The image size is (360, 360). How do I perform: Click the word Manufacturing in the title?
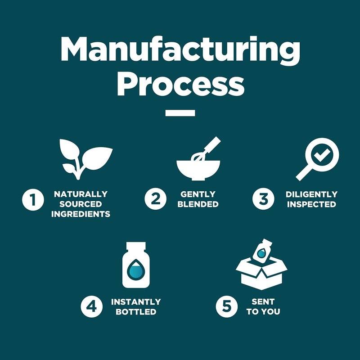(x=180, y=50)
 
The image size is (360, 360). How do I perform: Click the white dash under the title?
(x=180, y=113)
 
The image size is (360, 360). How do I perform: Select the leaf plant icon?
(x=86, y=159)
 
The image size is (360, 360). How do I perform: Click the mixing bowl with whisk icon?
(x=198, y=159)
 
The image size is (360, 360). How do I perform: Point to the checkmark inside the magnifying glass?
(x=322, y=155)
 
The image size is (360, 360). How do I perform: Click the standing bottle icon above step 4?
(x=136, y=265)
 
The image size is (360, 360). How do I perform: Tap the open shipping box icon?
(x=261, y=265)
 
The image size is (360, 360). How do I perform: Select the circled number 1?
(x=33, y=199)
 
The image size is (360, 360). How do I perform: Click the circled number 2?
(x=155, y=199)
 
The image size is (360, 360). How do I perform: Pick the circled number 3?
(x=263, y=199)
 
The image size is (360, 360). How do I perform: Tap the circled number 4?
(x=92, y=306)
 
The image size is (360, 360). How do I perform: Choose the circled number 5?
(x=227, y=306)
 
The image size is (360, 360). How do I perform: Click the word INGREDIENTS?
(x=81, y=214)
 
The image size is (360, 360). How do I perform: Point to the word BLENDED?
(x=198, y=204)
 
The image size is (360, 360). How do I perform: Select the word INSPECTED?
(x=311, y=204)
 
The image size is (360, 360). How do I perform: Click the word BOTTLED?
(x=136, y=311)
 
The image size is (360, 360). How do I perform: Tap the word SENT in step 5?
(x=263, y=301)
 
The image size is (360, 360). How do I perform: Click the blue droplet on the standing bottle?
(x=136, y=270)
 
